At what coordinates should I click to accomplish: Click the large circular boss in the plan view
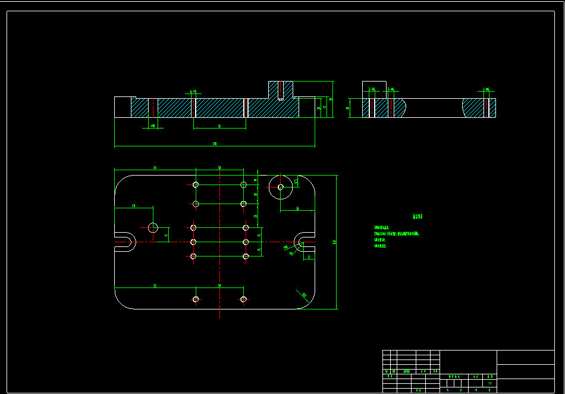[x=280, y=187]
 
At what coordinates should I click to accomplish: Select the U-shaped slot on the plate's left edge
[x=124, y=242]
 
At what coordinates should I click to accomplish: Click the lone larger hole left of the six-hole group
[x=153, y=227]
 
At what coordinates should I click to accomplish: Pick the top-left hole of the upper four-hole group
[x=196, y=185]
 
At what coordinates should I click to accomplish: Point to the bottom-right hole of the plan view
[x=243, y=299]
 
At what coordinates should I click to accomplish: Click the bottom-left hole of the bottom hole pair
[x=196, y=299]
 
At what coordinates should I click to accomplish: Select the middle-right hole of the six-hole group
[x=246, y=242]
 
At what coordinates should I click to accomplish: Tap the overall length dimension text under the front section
[x=214, y=143]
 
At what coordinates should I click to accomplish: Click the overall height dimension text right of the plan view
[x=335, y=242]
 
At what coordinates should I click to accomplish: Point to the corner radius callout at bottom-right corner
[x=304, y=294]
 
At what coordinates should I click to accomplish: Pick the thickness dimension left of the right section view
[x=348, y=108]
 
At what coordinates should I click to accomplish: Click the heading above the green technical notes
[x=420, y=217]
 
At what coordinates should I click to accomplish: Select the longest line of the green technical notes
[x=397, y=234]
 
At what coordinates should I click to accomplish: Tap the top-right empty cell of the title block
[x=525, y=357]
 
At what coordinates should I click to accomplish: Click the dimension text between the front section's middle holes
[x=219, y=126]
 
